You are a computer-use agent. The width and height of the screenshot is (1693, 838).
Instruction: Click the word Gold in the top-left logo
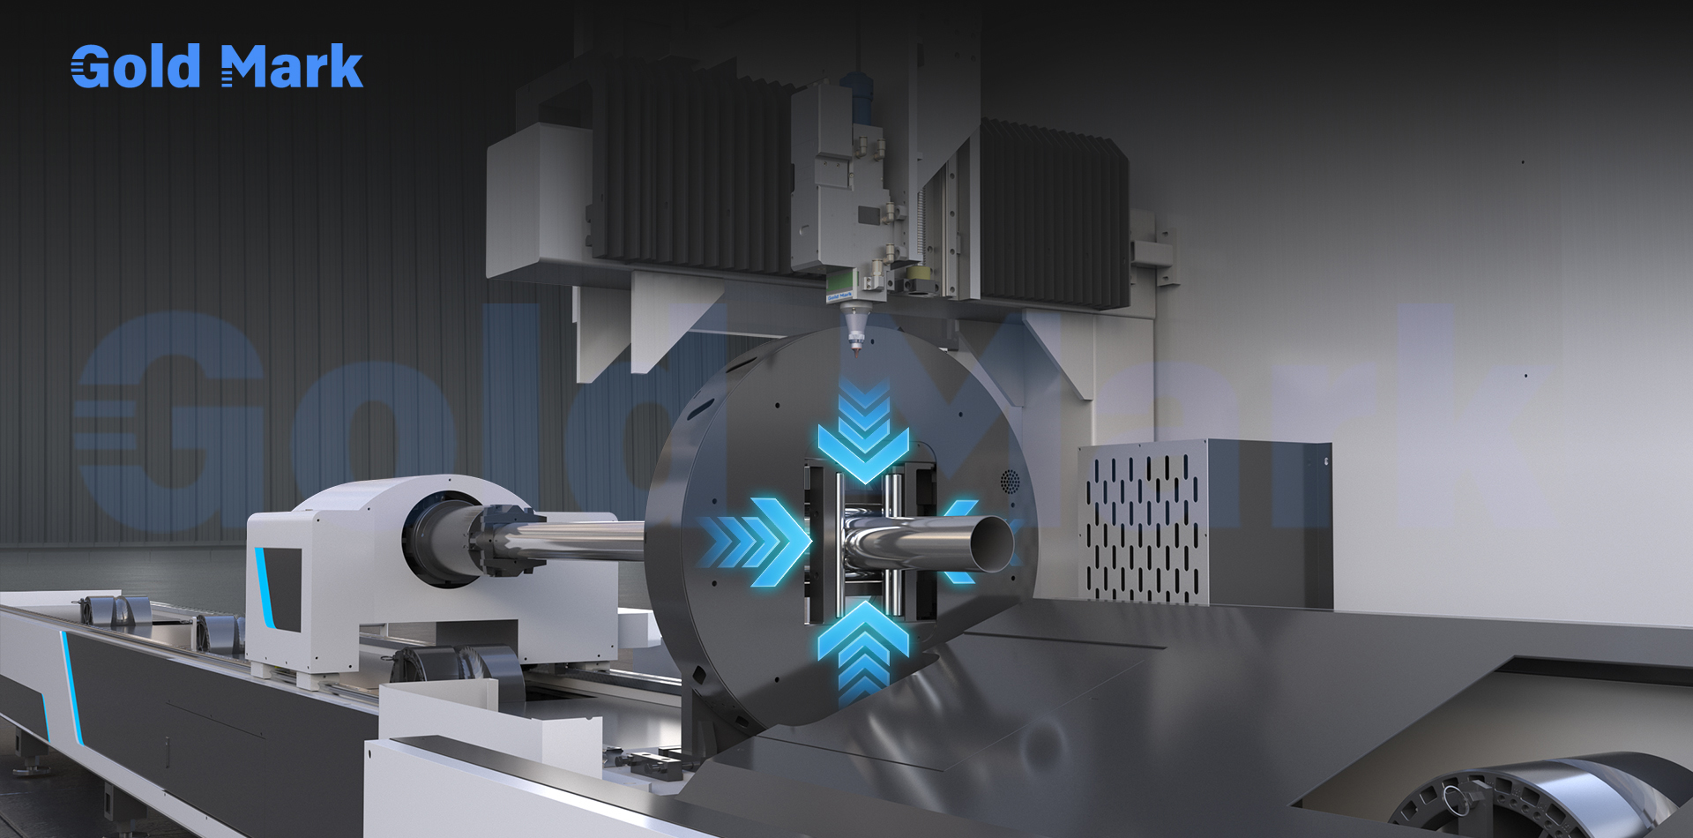(136, 66)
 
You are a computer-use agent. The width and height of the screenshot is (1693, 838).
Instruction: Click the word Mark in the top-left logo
(292, 66)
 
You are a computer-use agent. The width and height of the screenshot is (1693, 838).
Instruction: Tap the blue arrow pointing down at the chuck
(863, 431)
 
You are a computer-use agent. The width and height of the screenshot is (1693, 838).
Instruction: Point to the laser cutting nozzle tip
(854, 347)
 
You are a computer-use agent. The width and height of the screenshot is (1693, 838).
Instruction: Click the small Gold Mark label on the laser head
(839, 297)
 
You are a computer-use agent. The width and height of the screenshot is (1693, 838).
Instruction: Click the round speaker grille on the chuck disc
(1010, 482)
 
